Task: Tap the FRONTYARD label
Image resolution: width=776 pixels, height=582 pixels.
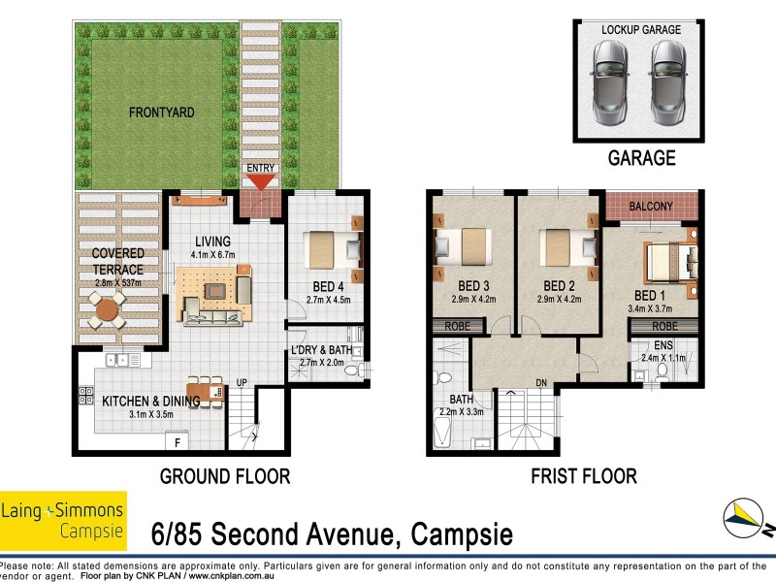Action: (x=162, y=113)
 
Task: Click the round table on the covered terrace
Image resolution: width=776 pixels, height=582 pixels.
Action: (x=105, y=311)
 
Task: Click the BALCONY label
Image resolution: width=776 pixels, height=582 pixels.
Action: (x=651, y=206)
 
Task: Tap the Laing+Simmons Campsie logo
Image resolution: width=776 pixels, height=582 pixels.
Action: (x=63, y=520)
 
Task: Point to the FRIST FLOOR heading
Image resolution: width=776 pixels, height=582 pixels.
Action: (x=583, y=476)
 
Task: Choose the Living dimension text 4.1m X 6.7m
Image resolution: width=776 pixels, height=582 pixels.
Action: (x=211, y=255)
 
